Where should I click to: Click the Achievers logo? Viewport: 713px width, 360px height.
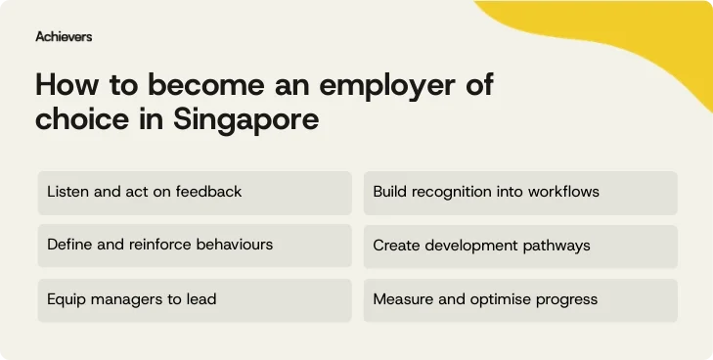(64, 36)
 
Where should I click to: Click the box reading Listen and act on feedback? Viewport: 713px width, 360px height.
(194, 192)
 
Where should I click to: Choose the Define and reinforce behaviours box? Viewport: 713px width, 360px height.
(194, 246)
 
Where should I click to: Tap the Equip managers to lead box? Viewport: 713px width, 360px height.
(194, 299)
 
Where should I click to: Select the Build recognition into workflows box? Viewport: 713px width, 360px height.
(520, 192)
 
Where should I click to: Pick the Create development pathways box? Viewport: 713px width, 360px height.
(520, 246)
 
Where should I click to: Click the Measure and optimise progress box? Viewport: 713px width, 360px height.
(520, 299)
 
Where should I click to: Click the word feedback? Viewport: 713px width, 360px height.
(208, 192)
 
